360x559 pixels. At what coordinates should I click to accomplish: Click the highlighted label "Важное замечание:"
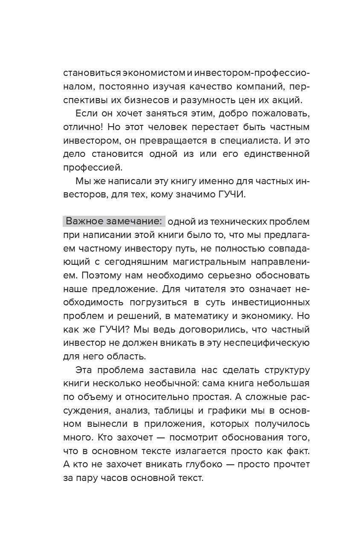click(114, 222)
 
